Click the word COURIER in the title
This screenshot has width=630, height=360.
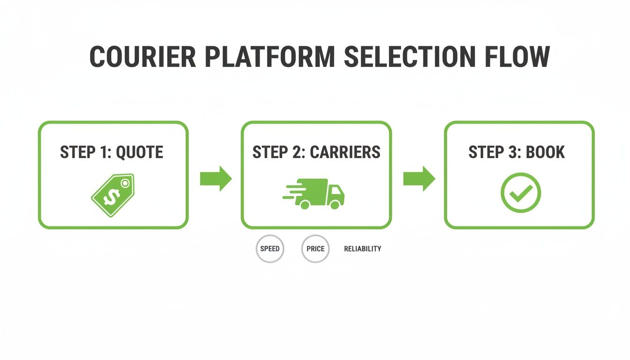point(142,57)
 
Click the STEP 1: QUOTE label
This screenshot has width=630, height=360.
point(112,152)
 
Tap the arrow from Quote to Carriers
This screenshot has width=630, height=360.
point(216,179)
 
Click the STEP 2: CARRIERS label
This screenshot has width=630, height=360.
point(316,152)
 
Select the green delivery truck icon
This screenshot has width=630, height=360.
point(315,193)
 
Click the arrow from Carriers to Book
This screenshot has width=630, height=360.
point(419,179)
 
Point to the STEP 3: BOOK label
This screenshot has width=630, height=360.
point(517,152)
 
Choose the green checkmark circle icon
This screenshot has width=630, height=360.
point(521,192)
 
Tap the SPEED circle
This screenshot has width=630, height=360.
point(270,248)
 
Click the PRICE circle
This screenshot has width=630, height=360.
point(315,248)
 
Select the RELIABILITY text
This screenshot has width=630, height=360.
point(362,249)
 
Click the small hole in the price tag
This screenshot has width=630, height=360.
point(125,184)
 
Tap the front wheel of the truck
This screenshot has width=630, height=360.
point(334,204)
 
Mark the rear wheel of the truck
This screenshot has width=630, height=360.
point(305,204)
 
